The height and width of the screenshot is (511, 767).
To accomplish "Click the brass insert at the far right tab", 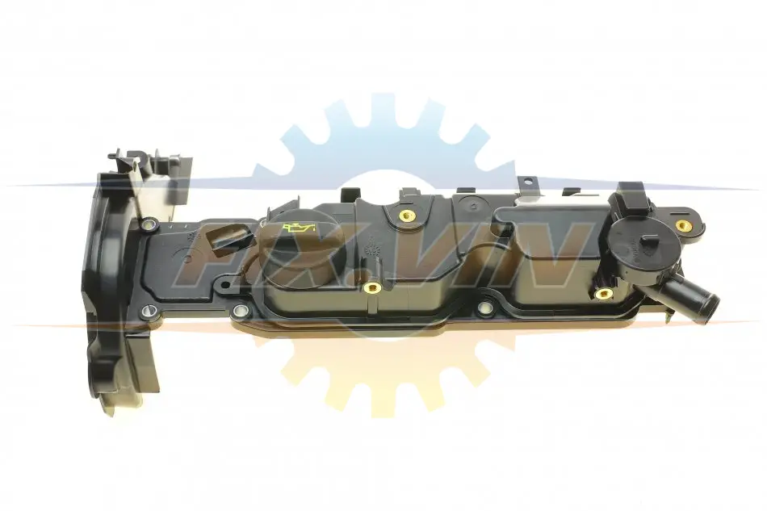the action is (682, 225).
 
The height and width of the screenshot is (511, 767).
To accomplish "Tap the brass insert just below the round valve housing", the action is (605, 293).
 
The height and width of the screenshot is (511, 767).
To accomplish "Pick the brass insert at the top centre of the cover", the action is (404, 216).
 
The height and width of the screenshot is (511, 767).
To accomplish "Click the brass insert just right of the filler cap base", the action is (373, 288).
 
